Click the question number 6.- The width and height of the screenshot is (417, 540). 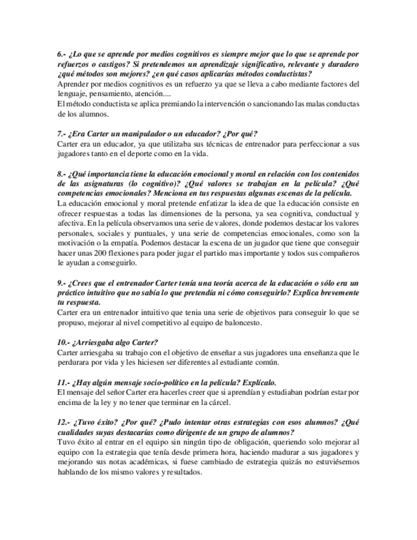tap(62, 55)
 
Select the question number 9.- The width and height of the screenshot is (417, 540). tap(62, 282)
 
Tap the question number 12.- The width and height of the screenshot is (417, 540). tap(64, 422)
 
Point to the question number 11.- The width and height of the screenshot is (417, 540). tap(64, 382)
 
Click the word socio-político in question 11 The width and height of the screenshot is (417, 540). tap(174, 382)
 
